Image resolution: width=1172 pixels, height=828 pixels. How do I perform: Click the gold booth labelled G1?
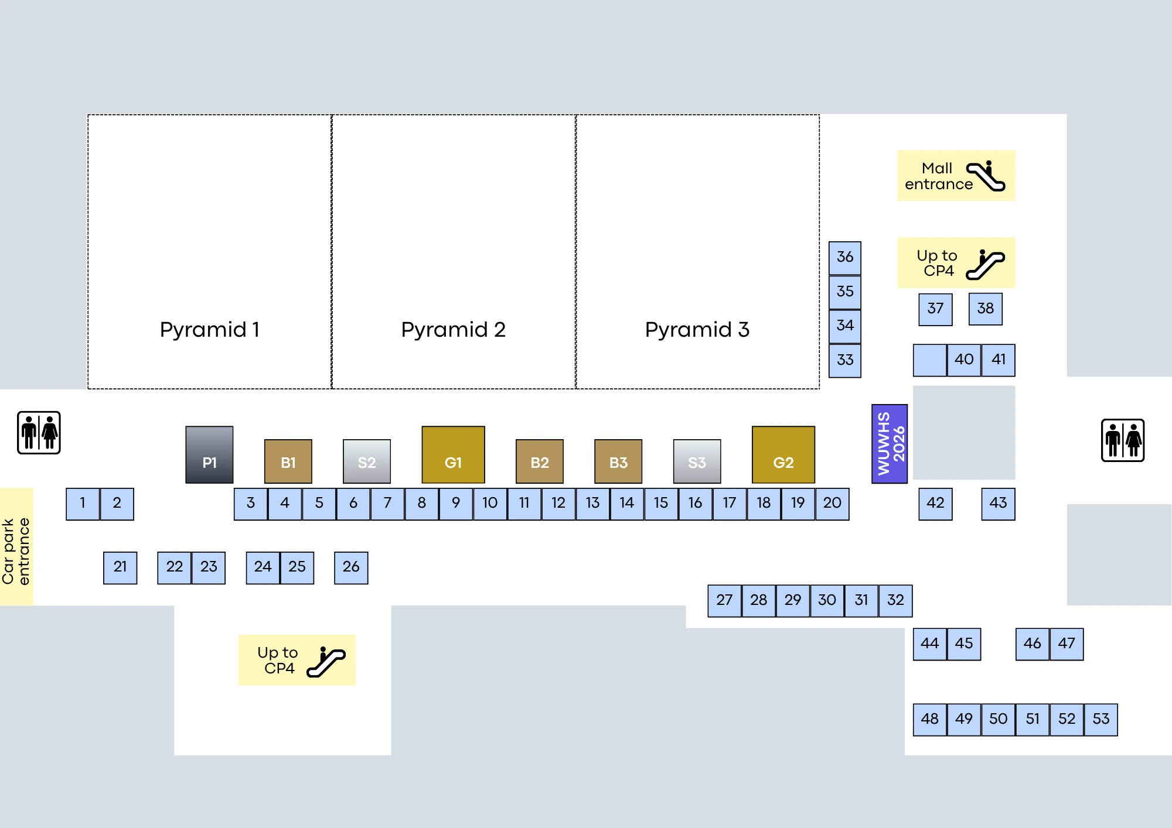453,454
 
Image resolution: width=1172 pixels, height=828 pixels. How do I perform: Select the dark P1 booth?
209,454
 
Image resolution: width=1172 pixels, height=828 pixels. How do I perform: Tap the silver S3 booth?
697,461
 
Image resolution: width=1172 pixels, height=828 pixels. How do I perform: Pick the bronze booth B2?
539,461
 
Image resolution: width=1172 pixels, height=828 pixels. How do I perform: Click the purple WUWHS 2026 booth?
889,443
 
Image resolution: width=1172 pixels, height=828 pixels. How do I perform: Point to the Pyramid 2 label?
453,330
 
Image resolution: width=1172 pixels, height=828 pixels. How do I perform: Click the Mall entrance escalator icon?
986,176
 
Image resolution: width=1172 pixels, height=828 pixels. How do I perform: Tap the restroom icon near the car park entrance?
39,433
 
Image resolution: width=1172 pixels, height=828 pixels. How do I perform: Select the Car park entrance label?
16,550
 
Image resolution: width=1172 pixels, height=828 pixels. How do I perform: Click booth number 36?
844,258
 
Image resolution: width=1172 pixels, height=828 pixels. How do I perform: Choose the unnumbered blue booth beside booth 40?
929,360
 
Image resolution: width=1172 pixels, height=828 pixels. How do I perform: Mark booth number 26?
351,567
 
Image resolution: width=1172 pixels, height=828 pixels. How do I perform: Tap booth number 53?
1101,719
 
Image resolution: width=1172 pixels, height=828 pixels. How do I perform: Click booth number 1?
83,504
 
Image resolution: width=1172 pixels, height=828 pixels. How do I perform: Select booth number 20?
832,504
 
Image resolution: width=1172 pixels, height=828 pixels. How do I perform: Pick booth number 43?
998,504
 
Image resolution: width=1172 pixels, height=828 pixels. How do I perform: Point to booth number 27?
724,600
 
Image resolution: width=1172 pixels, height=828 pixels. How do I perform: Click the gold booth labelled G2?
783,454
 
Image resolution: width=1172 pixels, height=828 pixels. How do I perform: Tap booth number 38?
985,309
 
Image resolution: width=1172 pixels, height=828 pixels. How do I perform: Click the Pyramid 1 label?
209,330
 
